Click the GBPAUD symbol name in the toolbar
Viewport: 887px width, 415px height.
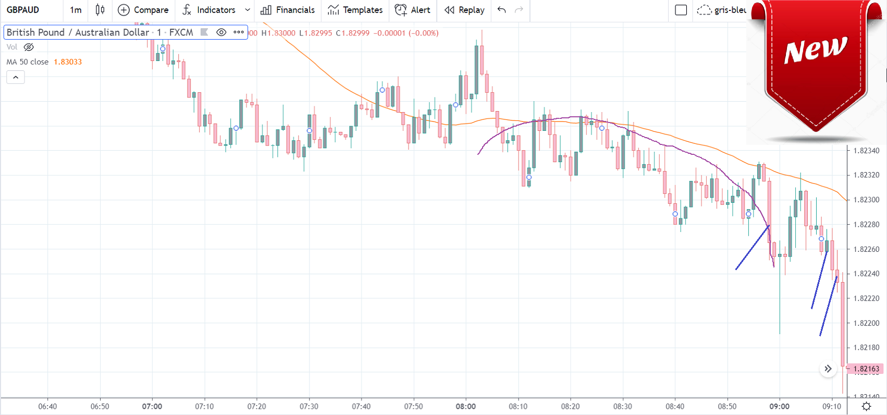(23, 10)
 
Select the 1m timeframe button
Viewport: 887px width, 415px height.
(76, 10)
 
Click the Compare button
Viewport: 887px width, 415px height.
(143, 10)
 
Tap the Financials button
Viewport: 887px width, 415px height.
(288, 10)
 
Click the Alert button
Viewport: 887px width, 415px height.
(413, 10)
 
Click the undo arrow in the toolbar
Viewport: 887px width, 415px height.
(501, 10)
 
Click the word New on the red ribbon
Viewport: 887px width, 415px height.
(815, 50)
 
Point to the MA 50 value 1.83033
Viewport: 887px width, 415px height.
(68, 62)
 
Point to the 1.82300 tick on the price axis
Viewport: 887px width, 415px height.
(866, 200)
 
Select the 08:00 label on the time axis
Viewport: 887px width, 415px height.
(465, 406)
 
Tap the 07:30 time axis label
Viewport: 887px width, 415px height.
(309, 406)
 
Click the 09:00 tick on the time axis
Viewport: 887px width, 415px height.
(779, 406)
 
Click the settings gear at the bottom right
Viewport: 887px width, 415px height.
(866, 406)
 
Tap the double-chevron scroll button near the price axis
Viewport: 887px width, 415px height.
(828, 369)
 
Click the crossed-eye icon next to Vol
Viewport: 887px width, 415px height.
(29, 47)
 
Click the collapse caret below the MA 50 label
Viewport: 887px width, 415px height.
(16, 77)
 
